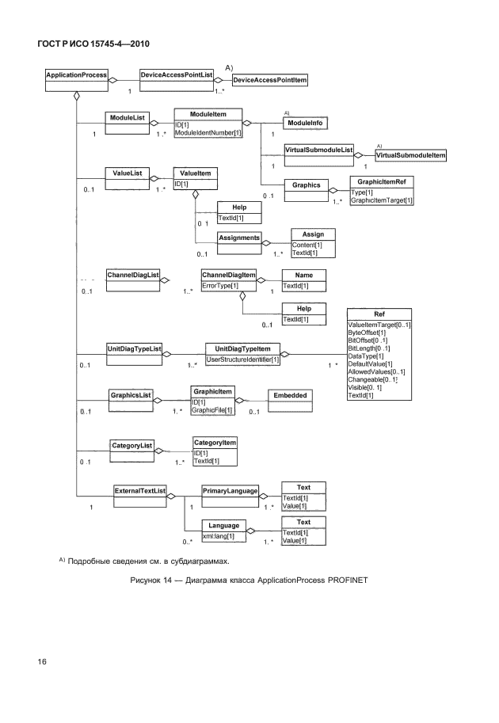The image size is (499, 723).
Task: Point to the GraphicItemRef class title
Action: pos(382,181)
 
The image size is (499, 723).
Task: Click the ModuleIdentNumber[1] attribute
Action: pos(208,133)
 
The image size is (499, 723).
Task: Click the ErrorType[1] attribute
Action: pos(220,284)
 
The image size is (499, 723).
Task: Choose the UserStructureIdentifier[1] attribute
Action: pos(242,360)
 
